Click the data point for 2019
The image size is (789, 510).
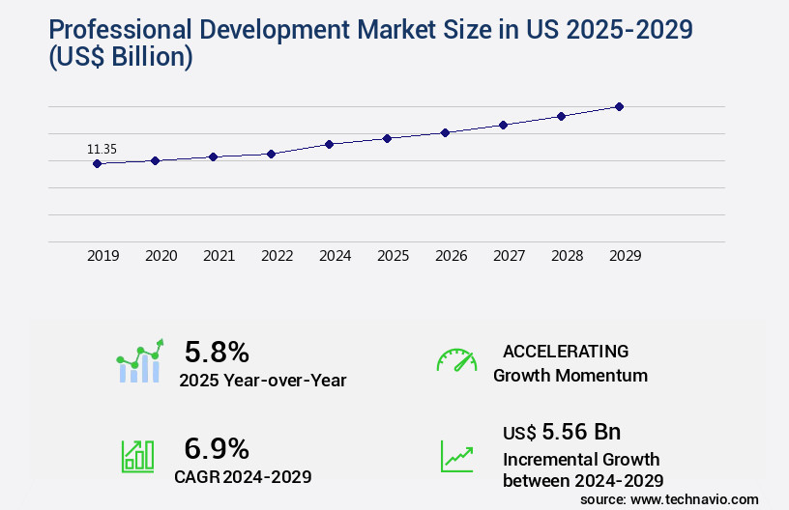pyautogui.click(x=97, y=163)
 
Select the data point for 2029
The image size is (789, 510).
pyautogui.click(x=619, y=106)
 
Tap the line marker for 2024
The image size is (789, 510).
pyautogui.click(x=330, y=144)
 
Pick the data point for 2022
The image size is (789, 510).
pyautogui.click(x=272, y=154)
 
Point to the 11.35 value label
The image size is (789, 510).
pyautogui.click(x=102, y=149)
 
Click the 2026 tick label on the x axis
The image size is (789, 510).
pyautogui.click(x=451, y=256)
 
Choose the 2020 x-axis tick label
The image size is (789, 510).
pyautogui.click(x=161, y=256)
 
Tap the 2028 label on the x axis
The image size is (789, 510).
pyautogui.click(x=567, y=256)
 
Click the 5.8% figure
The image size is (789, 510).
pyautogui.click(x=217, y=351)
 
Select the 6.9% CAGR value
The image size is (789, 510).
pyautogui.click(x=217, y=448)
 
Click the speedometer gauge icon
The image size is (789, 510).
pyautogui.click(x=456, y=360)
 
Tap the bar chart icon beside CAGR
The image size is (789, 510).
pyautogui.click(x=137, y=456)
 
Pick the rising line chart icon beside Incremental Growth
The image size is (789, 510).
pyautogui.click(x=456, y=456)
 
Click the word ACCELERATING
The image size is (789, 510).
pyautogui.click(x=566, y=351)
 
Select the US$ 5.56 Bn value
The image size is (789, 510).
pyautogui.click(x=562, y=432)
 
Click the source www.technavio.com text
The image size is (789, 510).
pyautogui.click(x=669, y=499)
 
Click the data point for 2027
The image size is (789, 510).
pyautogui.click(x=503, y=125)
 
